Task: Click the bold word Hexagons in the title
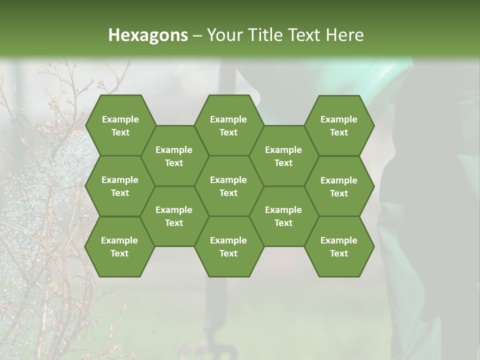pyautogui.click(x=148, y=35)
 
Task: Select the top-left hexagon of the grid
pyautogui.click(x=120, y=125)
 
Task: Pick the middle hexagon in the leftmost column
pyautogui.click(x=120, y=186)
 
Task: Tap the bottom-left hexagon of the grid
pyautogui.click(x=119, y=246)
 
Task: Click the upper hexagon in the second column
pyautogui.click(x=174, y=156)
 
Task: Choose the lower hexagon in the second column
pyautogui.click(x=174, y=216)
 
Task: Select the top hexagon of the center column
pyautogui.click(x=228, y=125)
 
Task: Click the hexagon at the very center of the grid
pyautogui.click(x=228, y=186)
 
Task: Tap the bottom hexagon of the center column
pyautogui.click(x=228, y=246)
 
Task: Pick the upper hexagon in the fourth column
pyautogui.click(x=283, y=156)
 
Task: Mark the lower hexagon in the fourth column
pyautogui.click(x=283, y=216)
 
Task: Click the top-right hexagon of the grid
pyautogui.click(x=339, y=125)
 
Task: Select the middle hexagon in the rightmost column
pyautogui.click(x=339, y=186)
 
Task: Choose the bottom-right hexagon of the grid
pyautogui.click(x=339, y=246)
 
